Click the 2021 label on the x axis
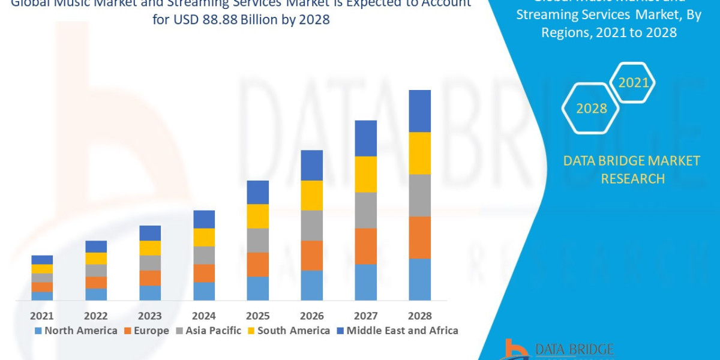(x=42, y=316)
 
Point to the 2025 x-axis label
(x=258, y=316)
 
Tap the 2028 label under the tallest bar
(x=419, y=316)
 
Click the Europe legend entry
(x=147, y=331)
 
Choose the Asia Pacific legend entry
(x=208, y=331)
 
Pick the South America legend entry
(x=288, y=331)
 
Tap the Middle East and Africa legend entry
(x=397, y=331)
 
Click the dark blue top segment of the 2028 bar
(x=420, y=111)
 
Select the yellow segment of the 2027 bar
(x=366, y=174)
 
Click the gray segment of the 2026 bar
(x=312, y=226)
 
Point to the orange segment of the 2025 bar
(x=258, y=265)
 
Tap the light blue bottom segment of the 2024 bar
(x=204, y=291)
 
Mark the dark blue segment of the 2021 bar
(x=42, y=260)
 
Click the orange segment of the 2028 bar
(x=420, y=238)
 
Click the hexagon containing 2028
(x=591, y=109)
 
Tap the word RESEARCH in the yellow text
(x=632, y=179)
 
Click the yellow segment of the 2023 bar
(x=150, y=248)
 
